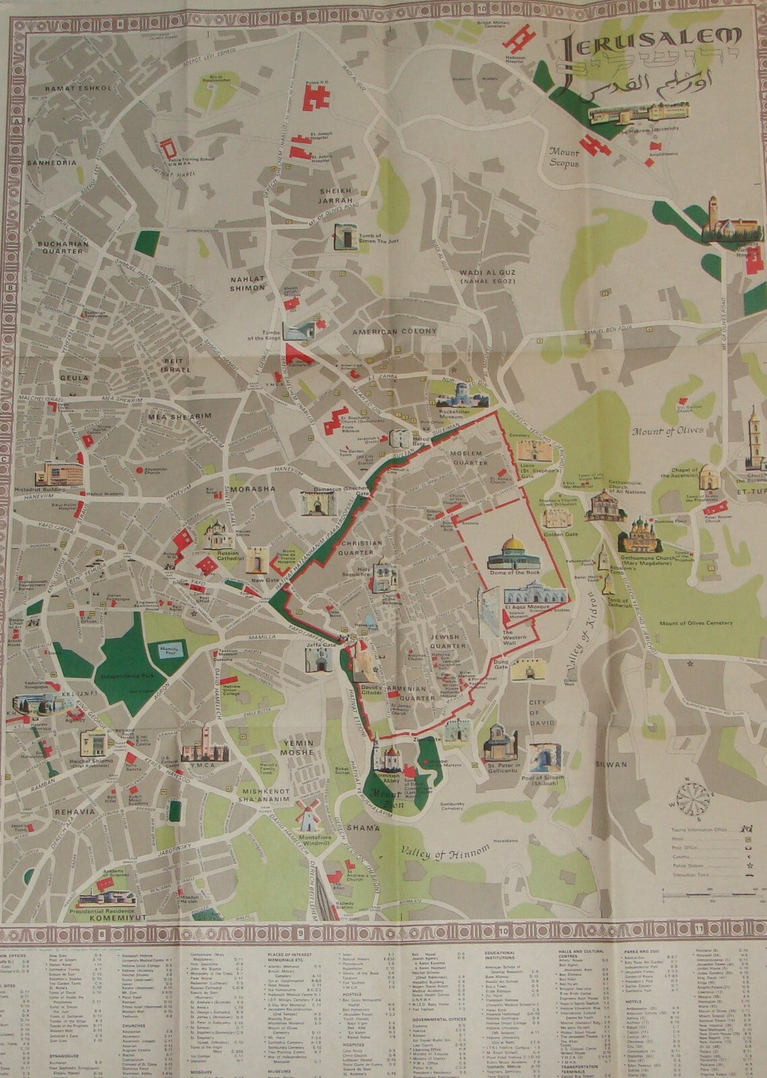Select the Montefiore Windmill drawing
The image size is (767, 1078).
(308, 817)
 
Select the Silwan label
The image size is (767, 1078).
(611, 765)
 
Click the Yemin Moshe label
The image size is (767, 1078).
(296, 746)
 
